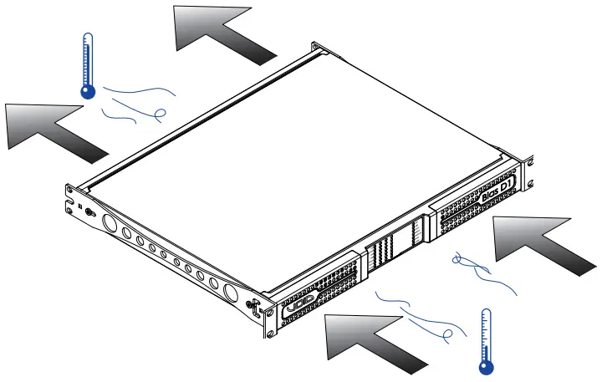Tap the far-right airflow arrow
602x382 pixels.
(543, 242)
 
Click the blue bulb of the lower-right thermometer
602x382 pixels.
(484, 365)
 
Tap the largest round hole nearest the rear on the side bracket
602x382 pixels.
(109, 223)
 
